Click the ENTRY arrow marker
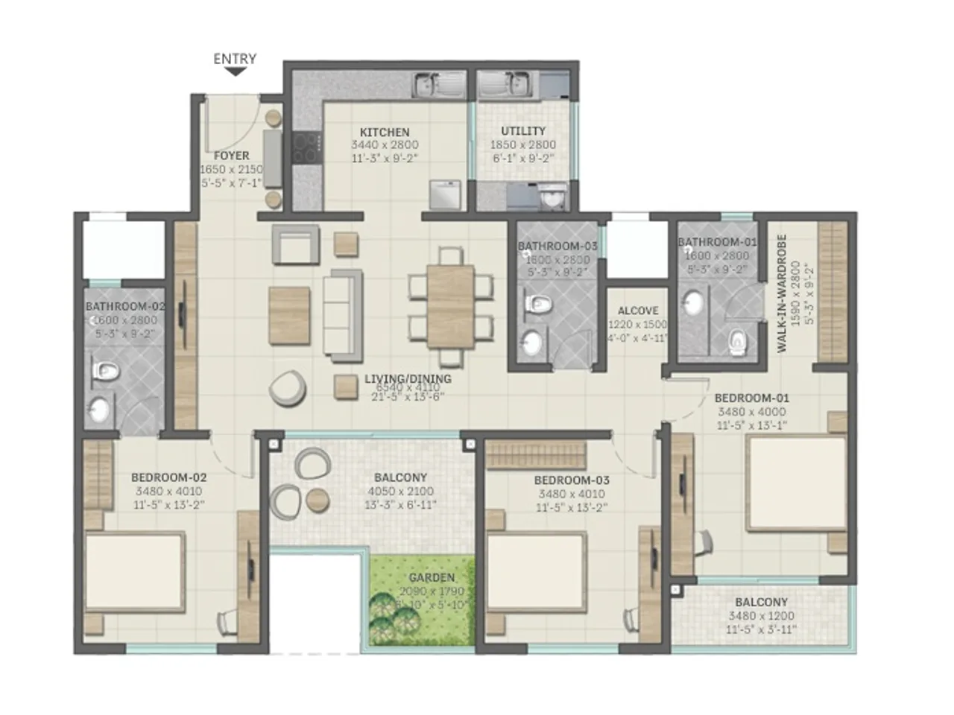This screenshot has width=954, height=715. point(236,72)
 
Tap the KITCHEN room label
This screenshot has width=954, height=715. point(385,133)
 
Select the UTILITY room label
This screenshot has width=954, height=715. point(523,131)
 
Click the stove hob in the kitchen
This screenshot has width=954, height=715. point(305,147)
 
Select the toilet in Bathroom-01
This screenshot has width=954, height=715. point(736,343)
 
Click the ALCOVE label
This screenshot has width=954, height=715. point(638,311)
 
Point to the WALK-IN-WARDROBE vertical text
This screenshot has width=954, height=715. point(782,293)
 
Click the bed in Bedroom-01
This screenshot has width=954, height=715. point(796,483)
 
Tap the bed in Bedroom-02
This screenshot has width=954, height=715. point(134,572)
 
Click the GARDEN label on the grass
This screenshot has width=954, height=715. point(432,577)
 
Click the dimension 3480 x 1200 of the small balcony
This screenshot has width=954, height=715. point(762,616)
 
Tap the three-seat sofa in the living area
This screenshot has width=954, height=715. point(342,311)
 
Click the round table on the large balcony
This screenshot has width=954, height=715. point(318,500)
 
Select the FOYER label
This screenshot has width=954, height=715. point(231,156)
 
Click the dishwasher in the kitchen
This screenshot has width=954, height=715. point(446,196)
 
